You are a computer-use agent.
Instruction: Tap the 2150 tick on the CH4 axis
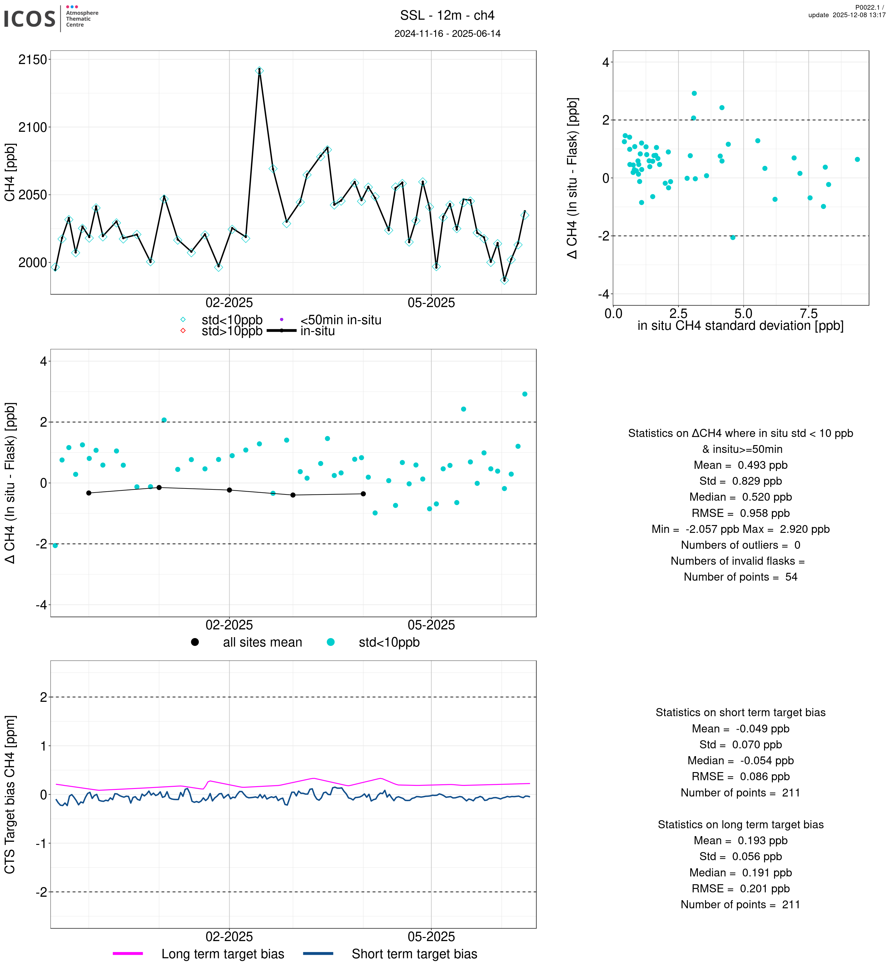(x=32, y=60)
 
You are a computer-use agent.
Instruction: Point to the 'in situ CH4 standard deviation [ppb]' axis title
(x=740, y=326)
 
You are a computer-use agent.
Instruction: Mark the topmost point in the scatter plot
(x=694, y=93)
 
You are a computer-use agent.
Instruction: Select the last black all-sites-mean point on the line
(x=363, y=494)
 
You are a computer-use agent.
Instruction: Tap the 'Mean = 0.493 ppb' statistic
(x=740, y=465)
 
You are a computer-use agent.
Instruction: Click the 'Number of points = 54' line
(x=740, y=577)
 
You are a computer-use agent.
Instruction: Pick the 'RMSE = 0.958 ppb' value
(x=740, y=513)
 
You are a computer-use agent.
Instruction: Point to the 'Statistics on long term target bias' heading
(x=740, y=825)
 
